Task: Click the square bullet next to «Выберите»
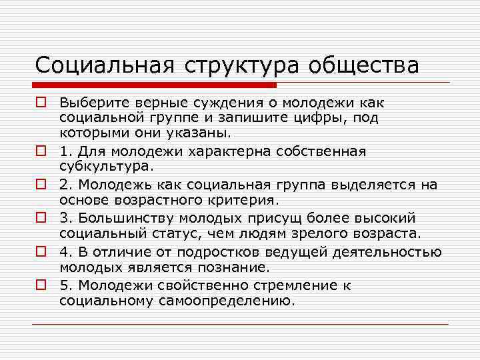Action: click(x=41, y=103)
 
